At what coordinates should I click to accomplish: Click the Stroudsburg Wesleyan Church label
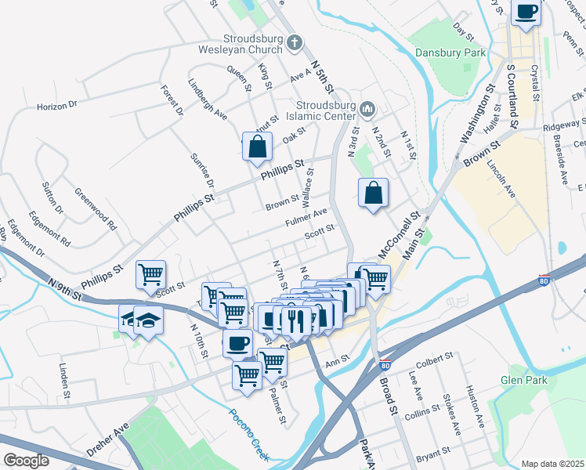(x=251, y=45)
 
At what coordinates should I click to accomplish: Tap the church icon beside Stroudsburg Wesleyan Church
(x=294, y=43)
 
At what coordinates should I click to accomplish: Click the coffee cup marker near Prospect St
(x=526, y=13)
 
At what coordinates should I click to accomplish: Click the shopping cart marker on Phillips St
(x=150, y=275)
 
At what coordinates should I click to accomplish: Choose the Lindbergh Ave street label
(x=208, y=99)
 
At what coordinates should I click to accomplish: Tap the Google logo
(x=27, y=461)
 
